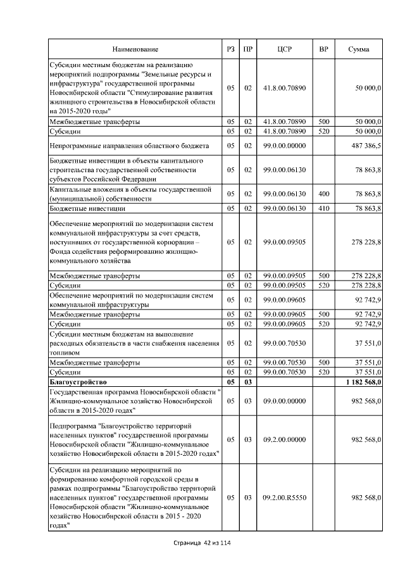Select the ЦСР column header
[x=284, y=49]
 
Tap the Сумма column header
[x=359, y=49]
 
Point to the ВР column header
[x=323, y=49]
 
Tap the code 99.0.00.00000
[x=284, y=146]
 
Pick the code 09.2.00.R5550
[x=284, y=498]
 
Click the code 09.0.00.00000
[x=284, y=401]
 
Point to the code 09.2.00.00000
[x=284, y=439]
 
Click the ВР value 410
[x=323, y=208]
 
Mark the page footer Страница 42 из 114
[x=202, y=543]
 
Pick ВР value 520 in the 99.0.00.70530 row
[x=323, y=372]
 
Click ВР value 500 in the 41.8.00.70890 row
[x=323, y=121]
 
